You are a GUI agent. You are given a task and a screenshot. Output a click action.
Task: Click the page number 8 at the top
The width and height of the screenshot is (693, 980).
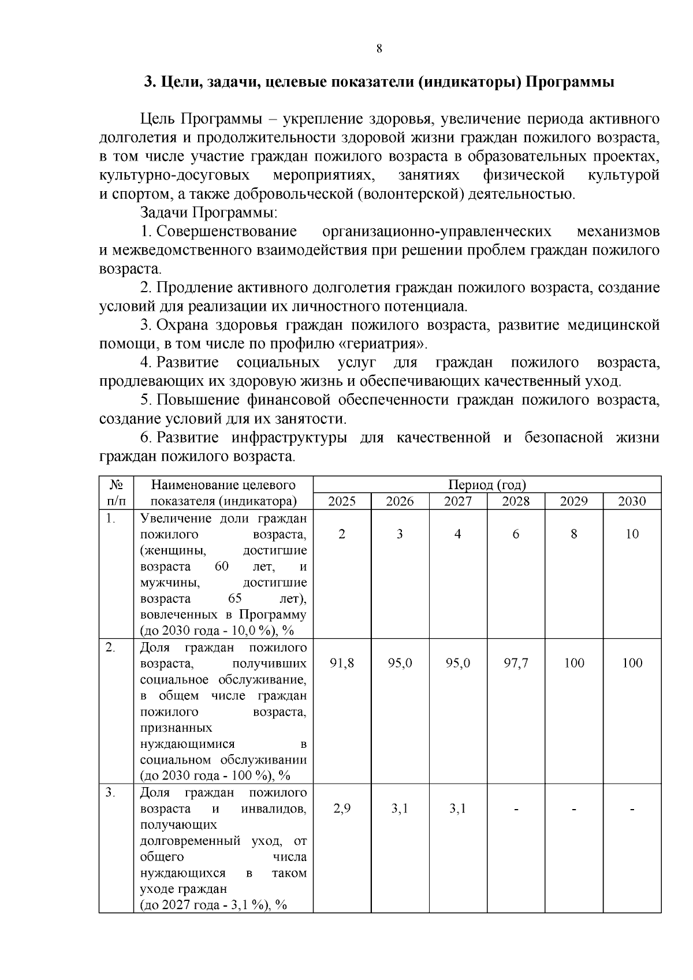point(379,49)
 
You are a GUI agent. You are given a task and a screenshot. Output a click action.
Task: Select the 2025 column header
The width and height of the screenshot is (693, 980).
point(342,501)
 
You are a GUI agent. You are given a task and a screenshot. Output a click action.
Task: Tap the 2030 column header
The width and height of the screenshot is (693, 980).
point(632,501)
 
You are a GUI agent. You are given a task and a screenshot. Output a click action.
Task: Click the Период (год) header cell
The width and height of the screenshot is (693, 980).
point(487,485)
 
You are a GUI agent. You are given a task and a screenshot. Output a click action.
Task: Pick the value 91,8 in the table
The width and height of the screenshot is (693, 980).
point(342,663)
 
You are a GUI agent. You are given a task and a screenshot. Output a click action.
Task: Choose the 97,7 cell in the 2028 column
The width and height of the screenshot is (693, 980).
point(516,663)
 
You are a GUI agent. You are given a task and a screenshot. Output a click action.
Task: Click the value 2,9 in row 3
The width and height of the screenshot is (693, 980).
point(342,808)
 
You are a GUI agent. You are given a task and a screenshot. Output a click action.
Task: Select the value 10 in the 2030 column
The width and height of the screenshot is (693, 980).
point(632,534)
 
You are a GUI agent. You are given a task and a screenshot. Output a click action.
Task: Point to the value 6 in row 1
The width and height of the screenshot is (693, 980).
point(516,534)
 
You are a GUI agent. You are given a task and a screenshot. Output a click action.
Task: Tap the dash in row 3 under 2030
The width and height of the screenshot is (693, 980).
point(632,809)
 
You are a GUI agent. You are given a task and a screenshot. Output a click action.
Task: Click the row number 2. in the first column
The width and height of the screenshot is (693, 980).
point(110,647)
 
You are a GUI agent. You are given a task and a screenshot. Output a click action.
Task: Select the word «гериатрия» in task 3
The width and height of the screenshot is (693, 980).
point(382,344)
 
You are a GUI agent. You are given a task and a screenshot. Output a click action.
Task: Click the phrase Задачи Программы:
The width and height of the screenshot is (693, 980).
point(209,213)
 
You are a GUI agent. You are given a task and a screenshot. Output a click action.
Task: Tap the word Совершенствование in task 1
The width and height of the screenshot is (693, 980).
point(226,232)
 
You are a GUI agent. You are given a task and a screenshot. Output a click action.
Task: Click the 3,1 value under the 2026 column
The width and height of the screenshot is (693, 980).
point(400,808)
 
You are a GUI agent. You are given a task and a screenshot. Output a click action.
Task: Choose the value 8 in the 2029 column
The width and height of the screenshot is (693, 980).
point(573,534)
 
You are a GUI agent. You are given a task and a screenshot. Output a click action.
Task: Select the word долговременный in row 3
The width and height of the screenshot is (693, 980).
point(191,841)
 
